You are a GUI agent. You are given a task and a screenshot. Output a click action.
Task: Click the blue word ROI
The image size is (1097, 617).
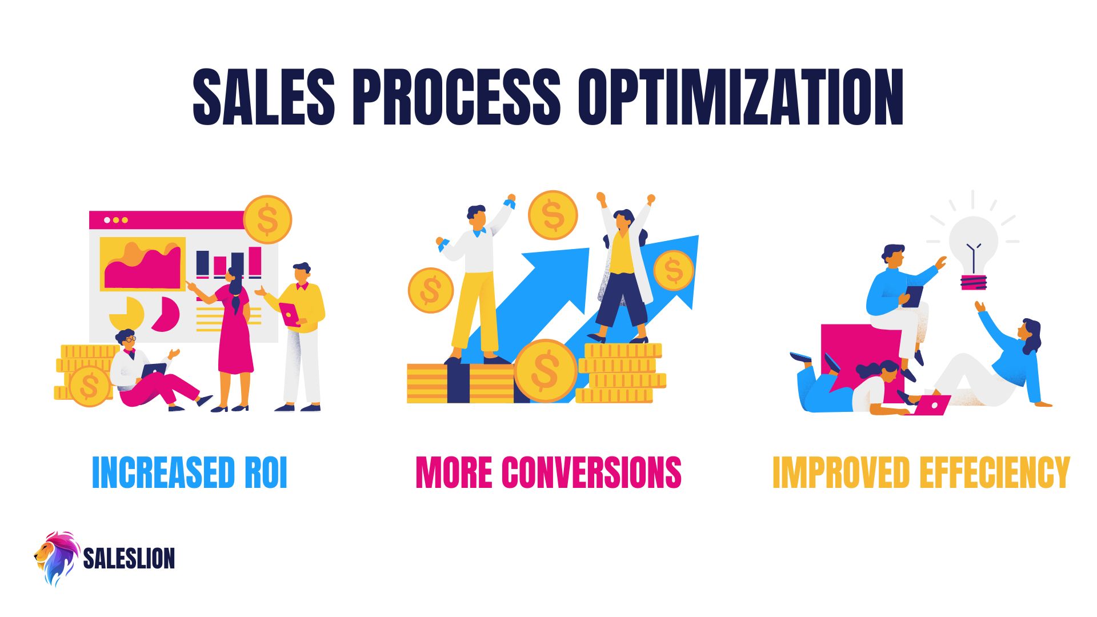pos(266,472)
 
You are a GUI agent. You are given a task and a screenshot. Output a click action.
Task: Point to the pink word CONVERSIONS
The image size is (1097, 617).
pos(591,472)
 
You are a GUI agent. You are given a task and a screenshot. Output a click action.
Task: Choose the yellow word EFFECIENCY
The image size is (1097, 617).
pos(995,472)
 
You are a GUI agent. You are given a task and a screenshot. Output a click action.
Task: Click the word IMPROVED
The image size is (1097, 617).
pos(840,472)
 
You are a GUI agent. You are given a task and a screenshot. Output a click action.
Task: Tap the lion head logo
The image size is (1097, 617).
pos(56,558)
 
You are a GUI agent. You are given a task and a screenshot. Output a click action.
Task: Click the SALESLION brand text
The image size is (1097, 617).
pos(129,558)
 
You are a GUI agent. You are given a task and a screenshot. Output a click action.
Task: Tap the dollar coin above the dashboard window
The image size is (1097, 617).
pos(267,219)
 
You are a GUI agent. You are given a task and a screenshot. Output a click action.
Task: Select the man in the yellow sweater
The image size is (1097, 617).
pos(302,331)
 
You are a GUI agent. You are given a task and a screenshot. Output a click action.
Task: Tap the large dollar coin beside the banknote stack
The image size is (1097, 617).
pos(545,371)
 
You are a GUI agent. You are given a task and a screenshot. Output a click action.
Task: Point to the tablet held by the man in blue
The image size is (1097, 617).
pos(913,296)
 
